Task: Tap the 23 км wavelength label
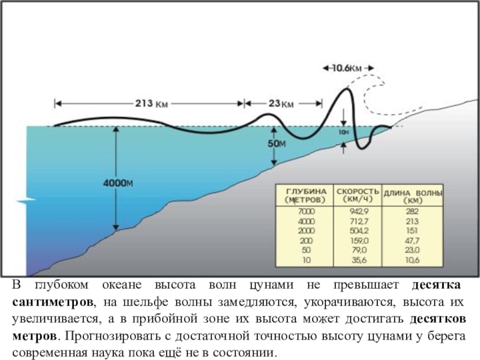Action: click(281, 103)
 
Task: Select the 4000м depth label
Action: click(118, 183)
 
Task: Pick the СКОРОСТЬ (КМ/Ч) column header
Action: click(359, 193)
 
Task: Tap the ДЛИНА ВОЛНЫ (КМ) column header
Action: click(413, 196)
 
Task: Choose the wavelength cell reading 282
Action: click(412, 211)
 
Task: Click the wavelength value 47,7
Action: click(412, 241)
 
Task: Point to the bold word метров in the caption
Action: click(35, 332)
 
